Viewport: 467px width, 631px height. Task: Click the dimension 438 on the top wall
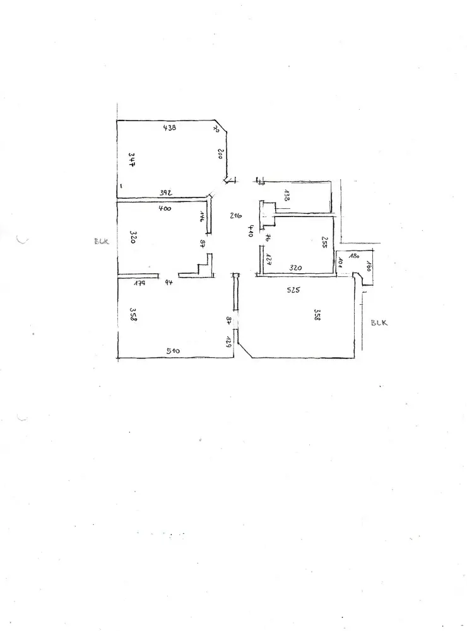(x=169, y=127)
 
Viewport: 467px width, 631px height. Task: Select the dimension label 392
(x=167, y=192)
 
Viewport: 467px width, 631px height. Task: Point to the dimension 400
(x=165, y=208)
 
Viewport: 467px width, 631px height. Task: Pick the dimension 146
(x=202, y=217)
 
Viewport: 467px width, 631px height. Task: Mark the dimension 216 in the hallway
(x=237, y=216)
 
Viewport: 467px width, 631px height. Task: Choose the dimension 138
(x=287, y=195)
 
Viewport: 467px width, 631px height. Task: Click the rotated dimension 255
(x=324, y=243)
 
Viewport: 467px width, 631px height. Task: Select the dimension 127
(x=268, y=259)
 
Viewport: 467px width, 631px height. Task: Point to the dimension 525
(x=293, y=290)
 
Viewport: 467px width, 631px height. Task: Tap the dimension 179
(x=140, y=283)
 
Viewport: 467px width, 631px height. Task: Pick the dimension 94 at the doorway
(x=168, y=283)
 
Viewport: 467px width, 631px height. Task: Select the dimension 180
(x=353, y=256)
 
